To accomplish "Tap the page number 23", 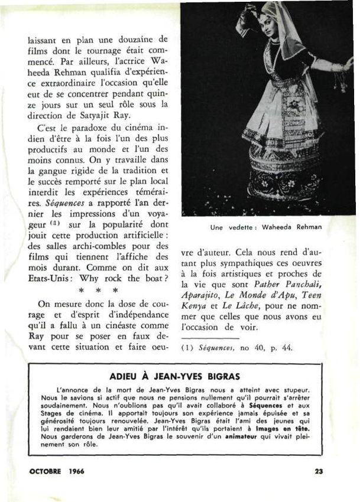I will pos(319,471).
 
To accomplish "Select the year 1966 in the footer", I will pos(76,471).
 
